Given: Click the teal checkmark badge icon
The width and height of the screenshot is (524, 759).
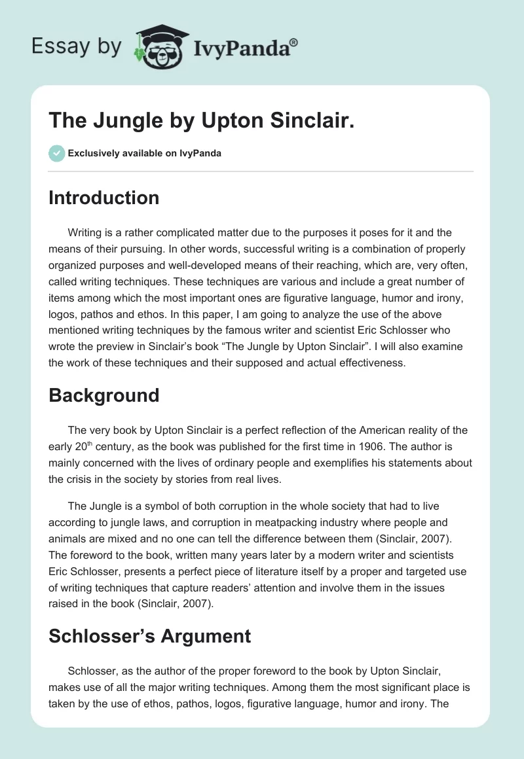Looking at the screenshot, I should pyautogui.click(x=56, y=153).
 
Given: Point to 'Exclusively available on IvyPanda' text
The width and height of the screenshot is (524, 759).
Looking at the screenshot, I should pyautogui.click(x=145, y=154).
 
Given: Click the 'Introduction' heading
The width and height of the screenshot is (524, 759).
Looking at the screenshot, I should pyautogui.click(x=103, y=198).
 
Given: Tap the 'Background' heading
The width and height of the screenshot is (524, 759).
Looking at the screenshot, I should pyautogui.click(x=103, y=395).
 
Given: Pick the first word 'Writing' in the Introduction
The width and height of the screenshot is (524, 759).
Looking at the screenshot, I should pyautogui.click(x=84, y=233).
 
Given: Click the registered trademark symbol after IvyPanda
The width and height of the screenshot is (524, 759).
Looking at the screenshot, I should pyautogui.click(x=294, y=42).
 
